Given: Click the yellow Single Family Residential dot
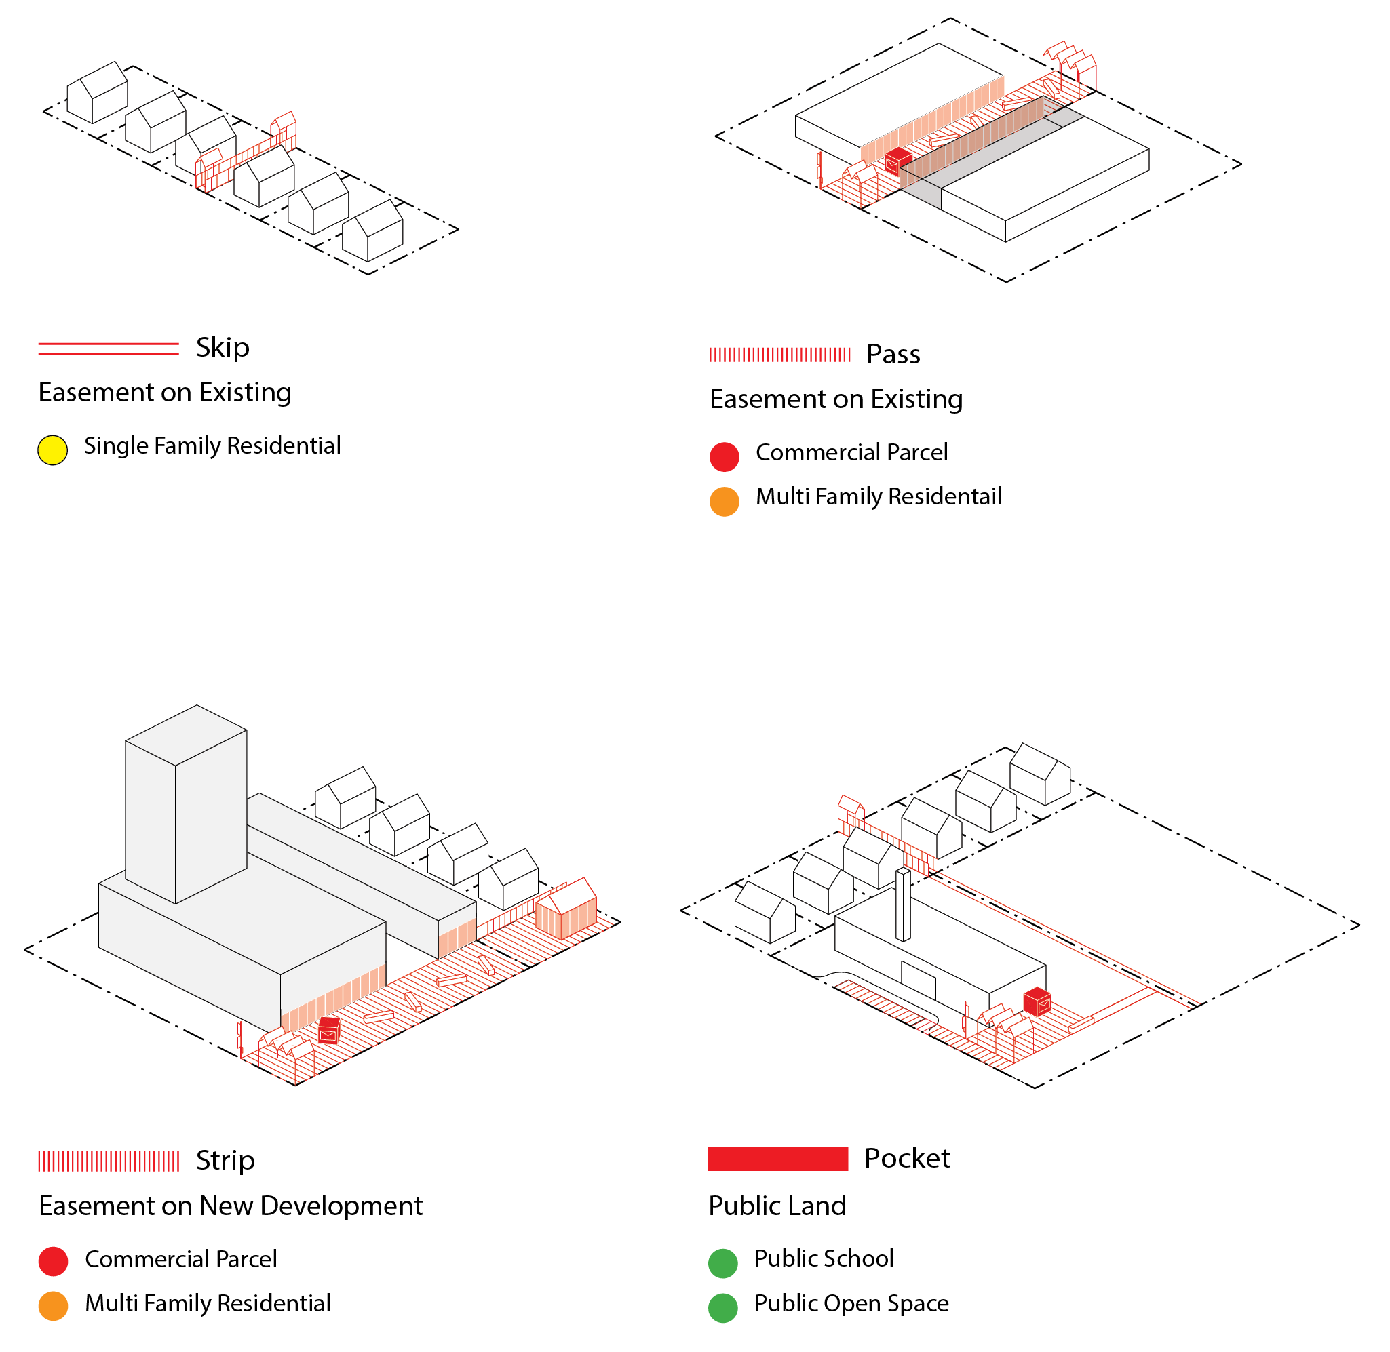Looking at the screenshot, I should tap(52, 450).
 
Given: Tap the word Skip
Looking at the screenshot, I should tap(223, 347).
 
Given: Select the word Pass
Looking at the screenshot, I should tap(892, 354).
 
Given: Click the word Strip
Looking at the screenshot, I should tap(225, 1160).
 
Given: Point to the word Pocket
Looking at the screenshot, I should tap(906, 1158).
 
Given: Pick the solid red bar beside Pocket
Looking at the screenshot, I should tap(777, 1158).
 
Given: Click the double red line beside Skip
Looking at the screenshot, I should tap(108, 348).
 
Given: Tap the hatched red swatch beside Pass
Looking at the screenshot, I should tap(779, 355).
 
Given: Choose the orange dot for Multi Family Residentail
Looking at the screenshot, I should tap(724, 501).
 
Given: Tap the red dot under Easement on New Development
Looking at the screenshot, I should tap(54, 1261).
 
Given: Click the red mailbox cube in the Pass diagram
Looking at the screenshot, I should tap(897, 161).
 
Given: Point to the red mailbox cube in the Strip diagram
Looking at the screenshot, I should tap(329, 1030).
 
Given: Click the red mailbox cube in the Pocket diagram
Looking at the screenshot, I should tap(1037, 1001).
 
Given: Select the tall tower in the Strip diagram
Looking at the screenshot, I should tap(186, 802).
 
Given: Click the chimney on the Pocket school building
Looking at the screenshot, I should tap(903, 903).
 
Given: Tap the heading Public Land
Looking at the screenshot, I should tap(777, 1206).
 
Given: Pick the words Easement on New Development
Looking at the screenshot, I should tap(231, 1206).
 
